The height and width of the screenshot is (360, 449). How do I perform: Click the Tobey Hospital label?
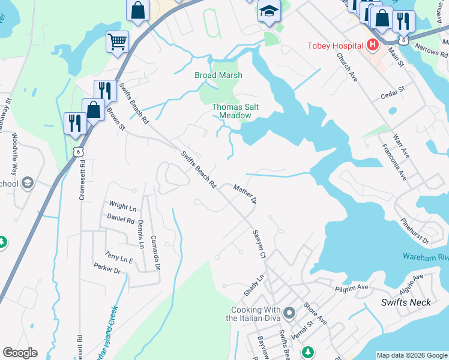coord(335,46)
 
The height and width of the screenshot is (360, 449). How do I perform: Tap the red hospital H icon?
coord(373,45)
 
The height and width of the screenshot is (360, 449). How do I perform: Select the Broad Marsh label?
coord(218,76)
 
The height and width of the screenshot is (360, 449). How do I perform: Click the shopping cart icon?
coord(117,41)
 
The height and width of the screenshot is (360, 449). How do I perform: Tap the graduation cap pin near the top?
coord(269,10)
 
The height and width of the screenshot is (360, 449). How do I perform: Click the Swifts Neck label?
coord(406,302)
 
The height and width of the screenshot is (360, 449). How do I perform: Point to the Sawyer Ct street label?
coord(259,245)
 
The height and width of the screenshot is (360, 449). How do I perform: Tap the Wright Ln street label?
coord(122,207)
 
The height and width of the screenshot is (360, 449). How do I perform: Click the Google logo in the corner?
coord(20,353)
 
